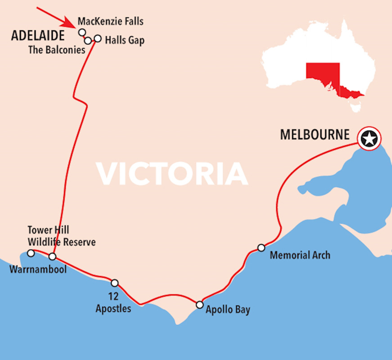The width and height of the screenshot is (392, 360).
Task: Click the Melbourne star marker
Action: (x=369, y=138)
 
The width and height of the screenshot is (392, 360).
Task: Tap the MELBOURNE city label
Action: (x=315, y=135)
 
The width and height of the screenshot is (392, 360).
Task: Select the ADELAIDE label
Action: (x=38, y=36)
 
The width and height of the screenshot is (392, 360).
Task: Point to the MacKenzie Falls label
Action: (x=110, y=21)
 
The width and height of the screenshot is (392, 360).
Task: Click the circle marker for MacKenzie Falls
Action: (x=82, y=32)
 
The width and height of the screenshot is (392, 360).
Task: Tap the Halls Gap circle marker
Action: (x=98, y=38)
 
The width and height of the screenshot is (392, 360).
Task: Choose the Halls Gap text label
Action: (x=125, y=40)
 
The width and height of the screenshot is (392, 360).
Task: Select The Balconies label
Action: (x=57, y=50)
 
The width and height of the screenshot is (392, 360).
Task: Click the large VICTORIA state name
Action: (x=172, y=173)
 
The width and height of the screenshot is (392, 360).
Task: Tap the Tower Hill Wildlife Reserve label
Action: (x=62, y=236)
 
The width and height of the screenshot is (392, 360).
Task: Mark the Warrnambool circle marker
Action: (x=31, y=253)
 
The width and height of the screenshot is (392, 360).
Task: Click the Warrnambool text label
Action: (x=37, y=270)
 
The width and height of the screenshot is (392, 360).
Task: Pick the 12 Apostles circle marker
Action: (x=115, y=283)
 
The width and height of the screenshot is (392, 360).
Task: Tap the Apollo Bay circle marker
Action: (x=200, y=305)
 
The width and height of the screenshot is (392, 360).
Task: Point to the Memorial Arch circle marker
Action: (x=261, y=247)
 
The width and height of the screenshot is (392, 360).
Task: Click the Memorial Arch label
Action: (x=300, y=256)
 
